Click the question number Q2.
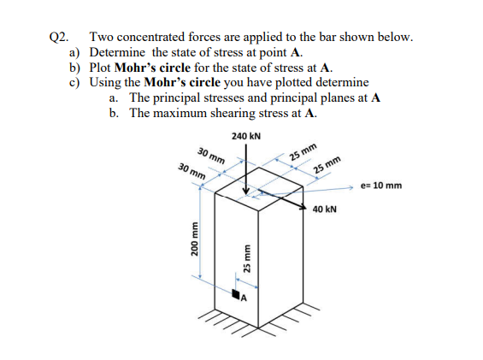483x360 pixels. [x=57, y=38]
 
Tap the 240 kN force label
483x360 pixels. [x=246, y=137]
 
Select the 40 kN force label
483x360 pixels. [x=325, y=209]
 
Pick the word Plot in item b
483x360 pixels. [x=102, y=68]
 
